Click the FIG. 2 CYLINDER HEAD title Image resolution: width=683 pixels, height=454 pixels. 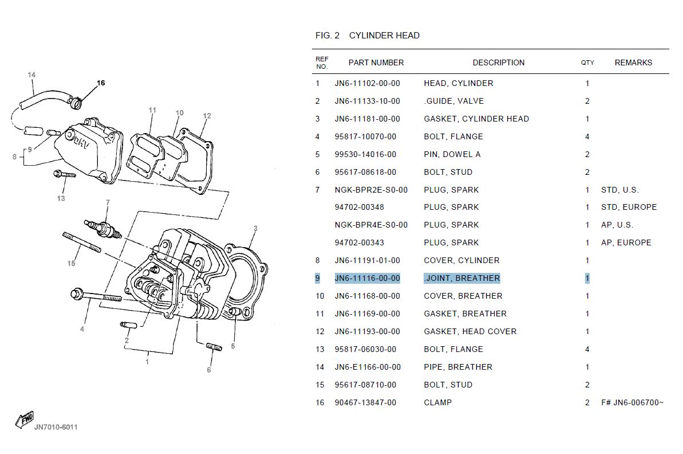367,36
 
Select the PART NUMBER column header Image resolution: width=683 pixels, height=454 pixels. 376,62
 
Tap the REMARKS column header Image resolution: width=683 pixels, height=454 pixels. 633,62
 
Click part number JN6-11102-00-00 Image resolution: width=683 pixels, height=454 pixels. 367,83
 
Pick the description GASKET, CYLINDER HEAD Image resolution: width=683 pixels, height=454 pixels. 476,119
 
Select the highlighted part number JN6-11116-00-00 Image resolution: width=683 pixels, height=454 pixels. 367,278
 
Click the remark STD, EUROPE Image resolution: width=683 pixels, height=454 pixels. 629,207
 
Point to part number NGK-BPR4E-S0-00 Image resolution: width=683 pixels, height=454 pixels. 371,225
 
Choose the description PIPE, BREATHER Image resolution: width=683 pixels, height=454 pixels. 458,367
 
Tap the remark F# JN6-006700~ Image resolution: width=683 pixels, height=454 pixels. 632,402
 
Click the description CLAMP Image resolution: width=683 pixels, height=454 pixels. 438,402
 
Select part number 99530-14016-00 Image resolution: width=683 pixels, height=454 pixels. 365,154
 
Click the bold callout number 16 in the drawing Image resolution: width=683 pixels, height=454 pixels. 101,83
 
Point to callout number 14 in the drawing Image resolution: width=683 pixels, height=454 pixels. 31,75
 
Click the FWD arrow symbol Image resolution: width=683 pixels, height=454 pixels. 25,420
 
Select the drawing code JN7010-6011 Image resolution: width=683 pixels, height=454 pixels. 56,428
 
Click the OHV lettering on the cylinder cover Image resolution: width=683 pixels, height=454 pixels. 81,143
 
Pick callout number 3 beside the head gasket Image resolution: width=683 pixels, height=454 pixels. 255,228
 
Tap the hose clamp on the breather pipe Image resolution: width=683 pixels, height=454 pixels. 76,103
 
